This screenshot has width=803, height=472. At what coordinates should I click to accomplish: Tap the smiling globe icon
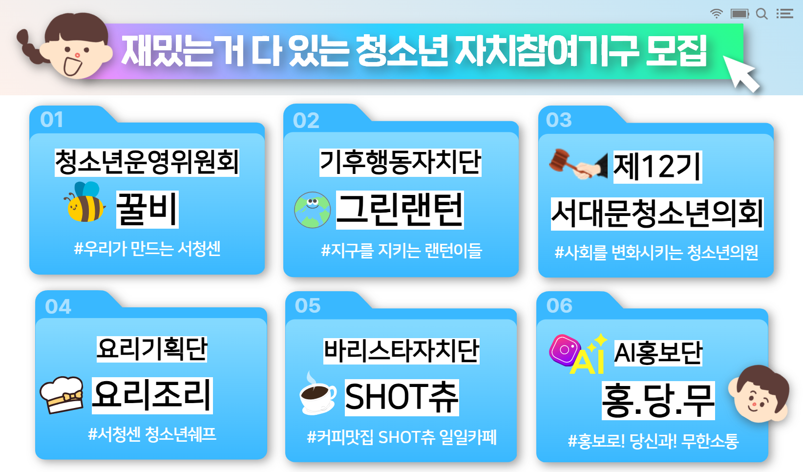click(312, 210)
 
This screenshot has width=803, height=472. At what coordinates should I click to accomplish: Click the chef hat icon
click(62, 395)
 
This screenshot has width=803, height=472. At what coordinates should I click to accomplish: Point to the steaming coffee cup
click(317, 395)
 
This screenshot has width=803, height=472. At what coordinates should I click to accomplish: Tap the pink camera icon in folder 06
click(564, 350)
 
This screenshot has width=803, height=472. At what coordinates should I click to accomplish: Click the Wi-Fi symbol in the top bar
click(716, 14)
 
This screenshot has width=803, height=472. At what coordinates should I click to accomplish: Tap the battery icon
click(740, 14)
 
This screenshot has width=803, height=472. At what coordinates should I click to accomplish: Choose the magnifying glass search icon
click(762, 14)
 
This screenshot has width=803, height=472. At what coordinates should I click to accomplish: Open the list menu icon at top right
click(785, 14)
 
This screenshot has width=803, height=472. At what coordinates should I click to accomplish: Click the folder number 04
click(58, 307)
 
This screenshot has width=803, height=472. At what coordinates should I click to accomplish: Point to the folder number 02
click(306, 120)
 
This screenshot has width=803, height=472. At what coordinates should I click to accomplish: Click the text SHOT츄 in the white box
click(402, 397)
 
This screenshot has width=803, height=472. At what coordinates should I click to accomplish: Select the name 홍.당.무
click(658, 400)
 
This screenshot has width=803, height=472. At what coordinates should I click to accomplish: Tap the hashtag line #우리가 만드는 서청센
click(148, 249)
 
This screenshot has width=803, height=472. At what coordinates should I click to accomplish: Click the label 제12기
click(657, 167)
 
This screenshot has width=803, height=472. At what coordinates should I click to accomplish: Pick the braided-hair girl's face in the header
click(75, 46)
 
